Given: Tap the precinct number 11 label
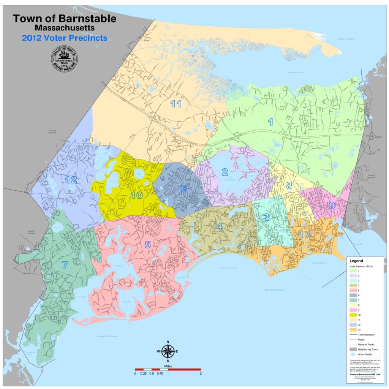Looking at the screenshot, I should [x=176, y=103].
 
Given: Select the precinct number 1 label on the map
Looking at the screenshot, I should [x=270, y=122].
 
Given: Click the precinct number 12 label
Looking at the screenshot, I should [x=71, y=180].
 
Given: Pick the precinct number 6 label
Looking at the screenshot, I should [x=183, y=189].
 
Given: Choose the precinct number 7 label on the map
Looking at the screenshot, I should [x=65, y=265].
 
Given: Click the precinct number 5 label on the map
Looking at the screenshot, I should [x=148, y=245].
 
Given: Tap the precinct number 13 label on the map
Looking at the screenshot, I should [x=304, y=235].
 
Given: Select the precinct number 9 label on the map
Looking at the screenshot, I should [x=332, y=206].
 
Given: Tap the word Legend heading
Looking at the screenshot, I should [x=356, y=261].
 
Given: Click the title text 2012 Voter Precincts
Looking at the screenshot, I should [x=65, y=38].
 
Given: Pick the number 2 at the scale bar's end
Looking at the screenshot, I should [x=200, y=374].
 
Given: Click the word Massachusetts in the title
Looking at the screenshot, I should [x=65, y=28].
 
